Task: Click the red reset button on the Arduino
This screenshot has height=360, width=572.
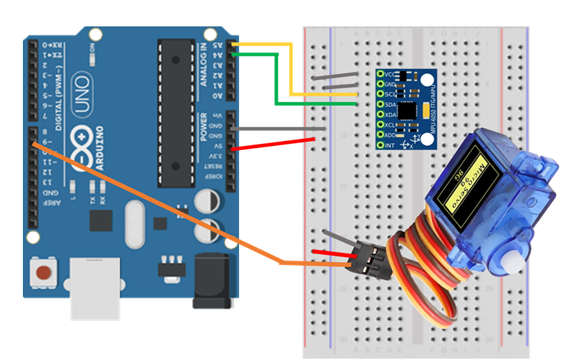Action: [x=45, y=272]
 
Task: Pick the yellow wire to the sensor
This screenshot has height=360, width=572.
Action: [x=292, y=69]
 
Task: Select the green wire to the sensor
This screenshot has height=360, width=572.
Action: [x=278, y=80]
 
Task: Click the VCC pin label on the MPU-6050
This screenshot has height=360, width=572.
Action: [x=390, y=74]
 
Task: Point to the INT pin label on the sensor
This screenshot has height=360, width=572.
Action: [x=389, y=145]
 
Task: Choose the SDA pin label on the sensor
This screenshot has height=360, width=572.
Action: [x=390, y=104]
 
